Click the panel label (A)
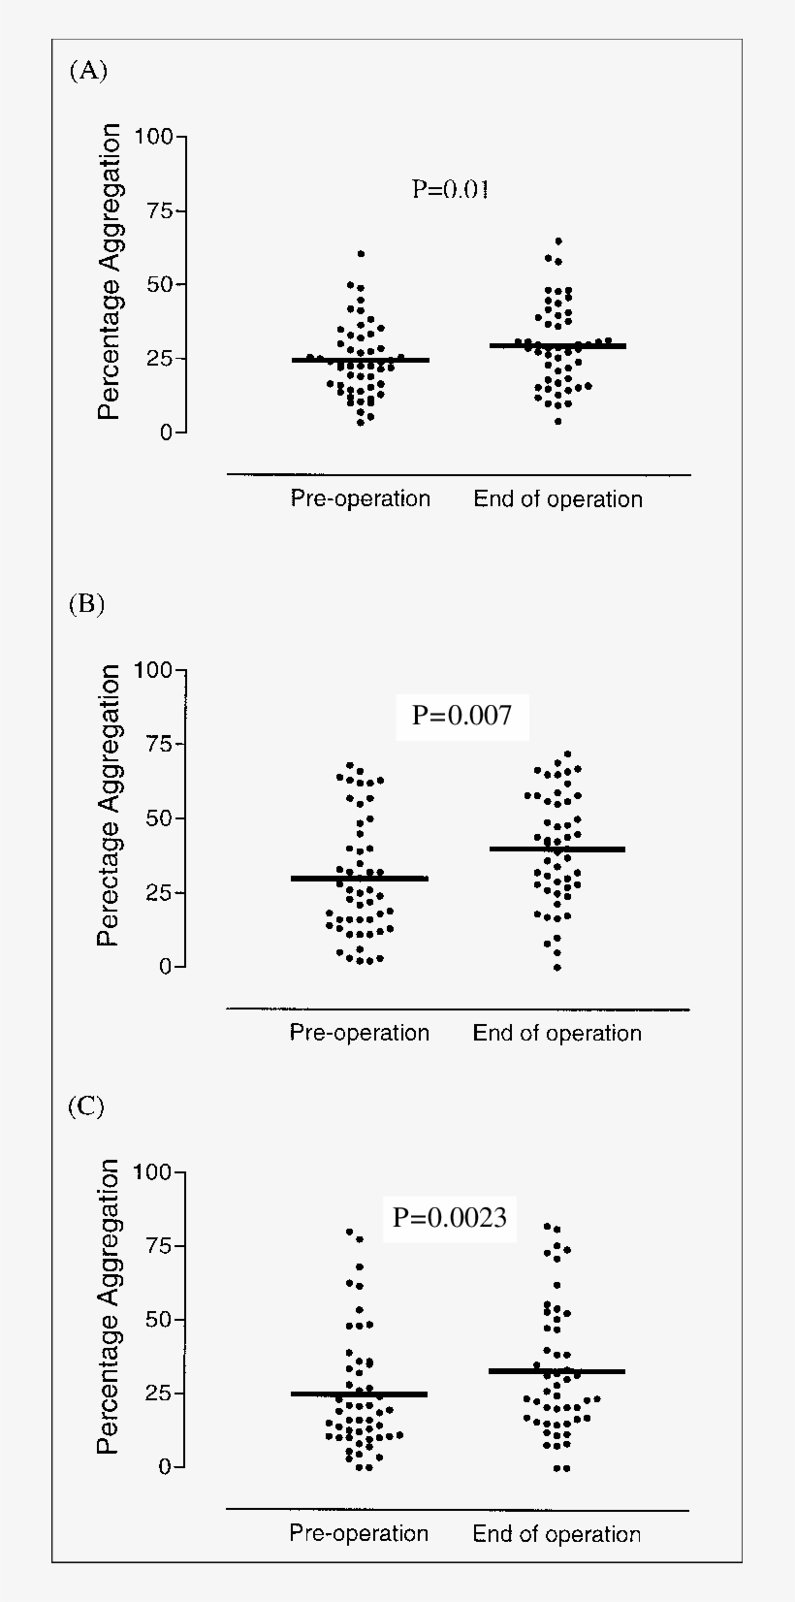point(88,71)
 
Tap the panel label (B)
point(86,604)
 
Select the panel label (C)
point(86,1106)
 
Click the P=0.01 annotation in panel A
point(451,188)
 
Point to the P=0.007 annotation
point(461,716)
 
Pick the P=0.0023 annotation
point(450,1217)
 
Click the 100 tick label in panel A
point(153,137)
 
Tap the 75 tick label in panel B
point(159,745)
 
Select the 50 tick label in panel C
point(159,1320)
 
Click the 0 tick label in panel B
point(166,967)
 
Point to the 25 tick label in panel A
point(160,359)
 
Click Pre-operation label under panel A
point(360,498)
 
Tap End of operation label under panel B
point(556,1033)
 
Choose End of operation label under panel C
point(556,1534)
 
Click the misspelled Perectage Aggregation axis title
point(109,805)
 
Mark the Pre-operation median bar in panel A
point(360,360)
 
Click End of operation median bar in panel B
point(556,849)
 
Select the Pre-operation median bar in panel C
point(359,1394)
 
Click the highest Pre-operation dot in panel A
point(361,253)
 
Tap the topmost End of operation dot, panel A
point(558,240)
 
